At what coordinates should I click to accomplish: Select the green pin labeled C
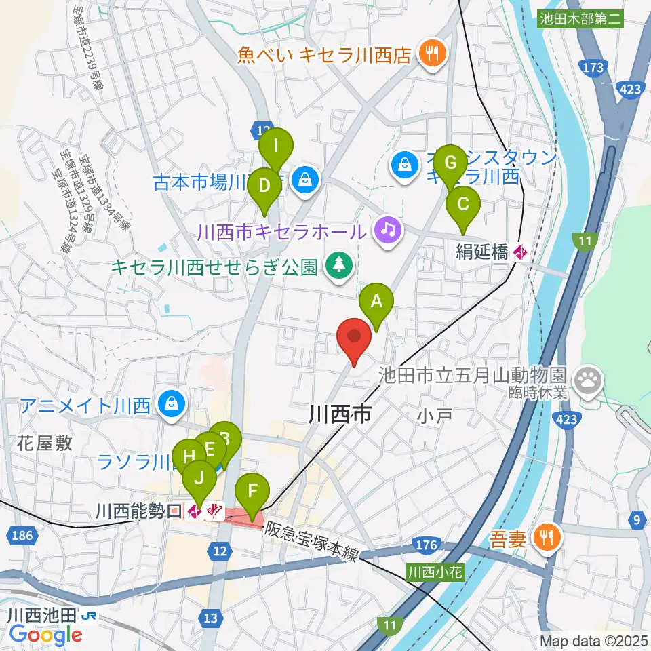[x=463, y=205]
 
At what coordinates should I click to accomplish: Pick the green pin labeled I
[x=276, y=146]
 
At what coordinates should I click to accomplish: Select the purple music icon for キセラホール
[x=387, y=229]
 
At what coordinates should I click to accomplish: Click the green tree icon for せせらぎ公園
[x=337, y=265]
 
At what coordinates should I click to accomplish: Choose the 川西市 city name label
[x=340, y=413]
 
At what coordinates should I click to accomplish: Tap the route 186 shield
[x=22, y=536]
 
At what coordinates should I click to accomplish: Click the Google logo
[x=45, y=635]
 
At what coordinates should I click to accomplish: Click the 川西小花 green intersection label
[x=435, y=572]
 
